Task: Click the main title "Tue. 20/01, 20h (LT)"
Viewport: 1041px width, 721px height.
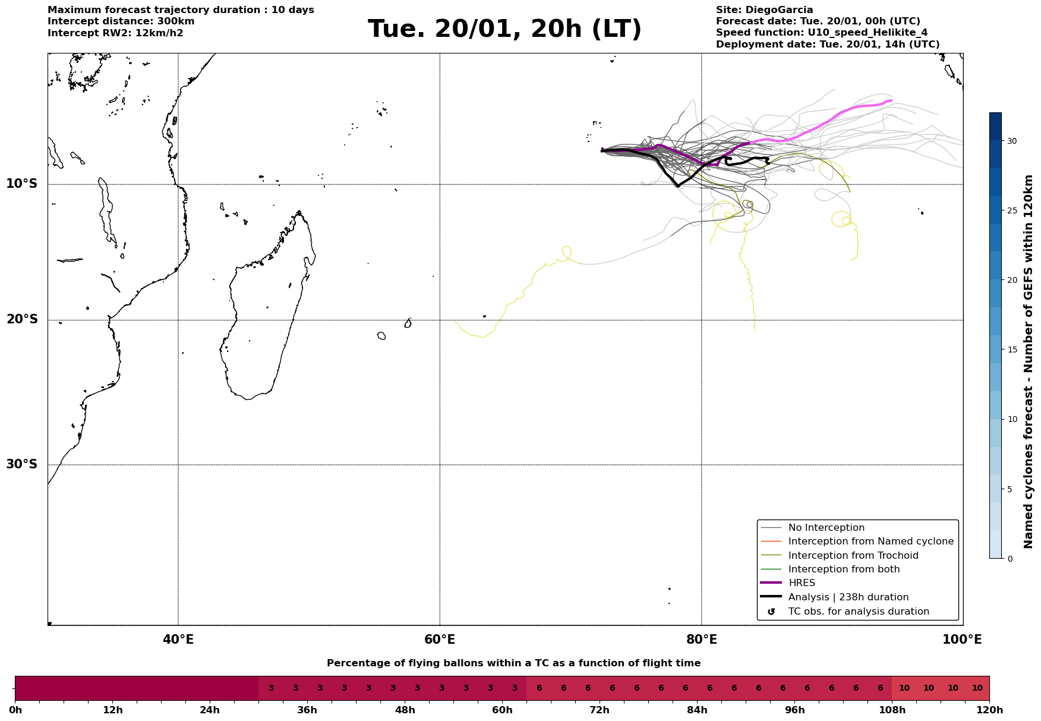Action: (x=504, y=29)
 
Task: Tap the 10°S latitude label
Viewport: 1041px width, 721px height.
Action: (x=22, y=184)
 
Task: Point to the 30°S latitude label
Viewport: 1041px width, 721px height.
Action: (x=22, y=464)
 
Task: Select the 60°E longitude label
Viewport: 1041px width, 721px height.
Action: (x=440, y=640)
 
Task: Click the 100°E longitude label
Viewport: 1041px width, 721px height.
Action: (x=963, y=640)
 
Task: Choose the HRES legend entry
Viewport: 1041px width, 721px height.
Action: (x=802, y=583)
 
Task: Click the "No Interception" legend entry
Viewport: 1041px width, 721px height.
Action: (x=826, y=528)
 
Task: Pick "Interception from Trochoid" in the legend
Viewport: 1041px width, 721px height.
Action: (x=853, y=556)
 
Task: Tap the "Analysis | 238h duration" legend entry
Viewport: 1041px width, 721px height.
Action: (x=848, y=597)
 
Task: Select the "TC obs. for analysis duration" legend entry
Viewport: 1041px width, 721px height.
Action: (x=858, y=612)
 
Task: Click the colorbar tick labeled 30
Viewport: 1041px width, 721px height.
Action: (x=1011, y=141)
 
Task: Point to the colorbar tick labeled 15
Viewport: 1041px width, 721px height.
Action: (x=1011, y=350)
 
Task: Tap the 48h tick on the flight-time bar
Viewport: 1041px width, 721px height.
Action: (x=404, y=710)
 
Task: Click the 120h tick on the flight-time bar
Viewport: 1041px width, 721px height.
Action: (x=989, y=710)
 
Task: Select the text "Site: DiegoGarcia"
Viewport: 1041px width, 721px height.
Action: (x=764, y=10)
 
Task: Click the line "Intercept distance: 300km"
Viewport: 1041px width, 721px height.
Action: (x=121, y=21)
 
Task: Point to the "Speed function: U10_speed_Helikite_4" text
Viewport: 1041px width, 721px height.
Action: (x=821, y=33)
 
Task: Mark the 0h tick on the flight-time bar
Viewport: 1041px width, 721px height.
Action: (x=15, y=710)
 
